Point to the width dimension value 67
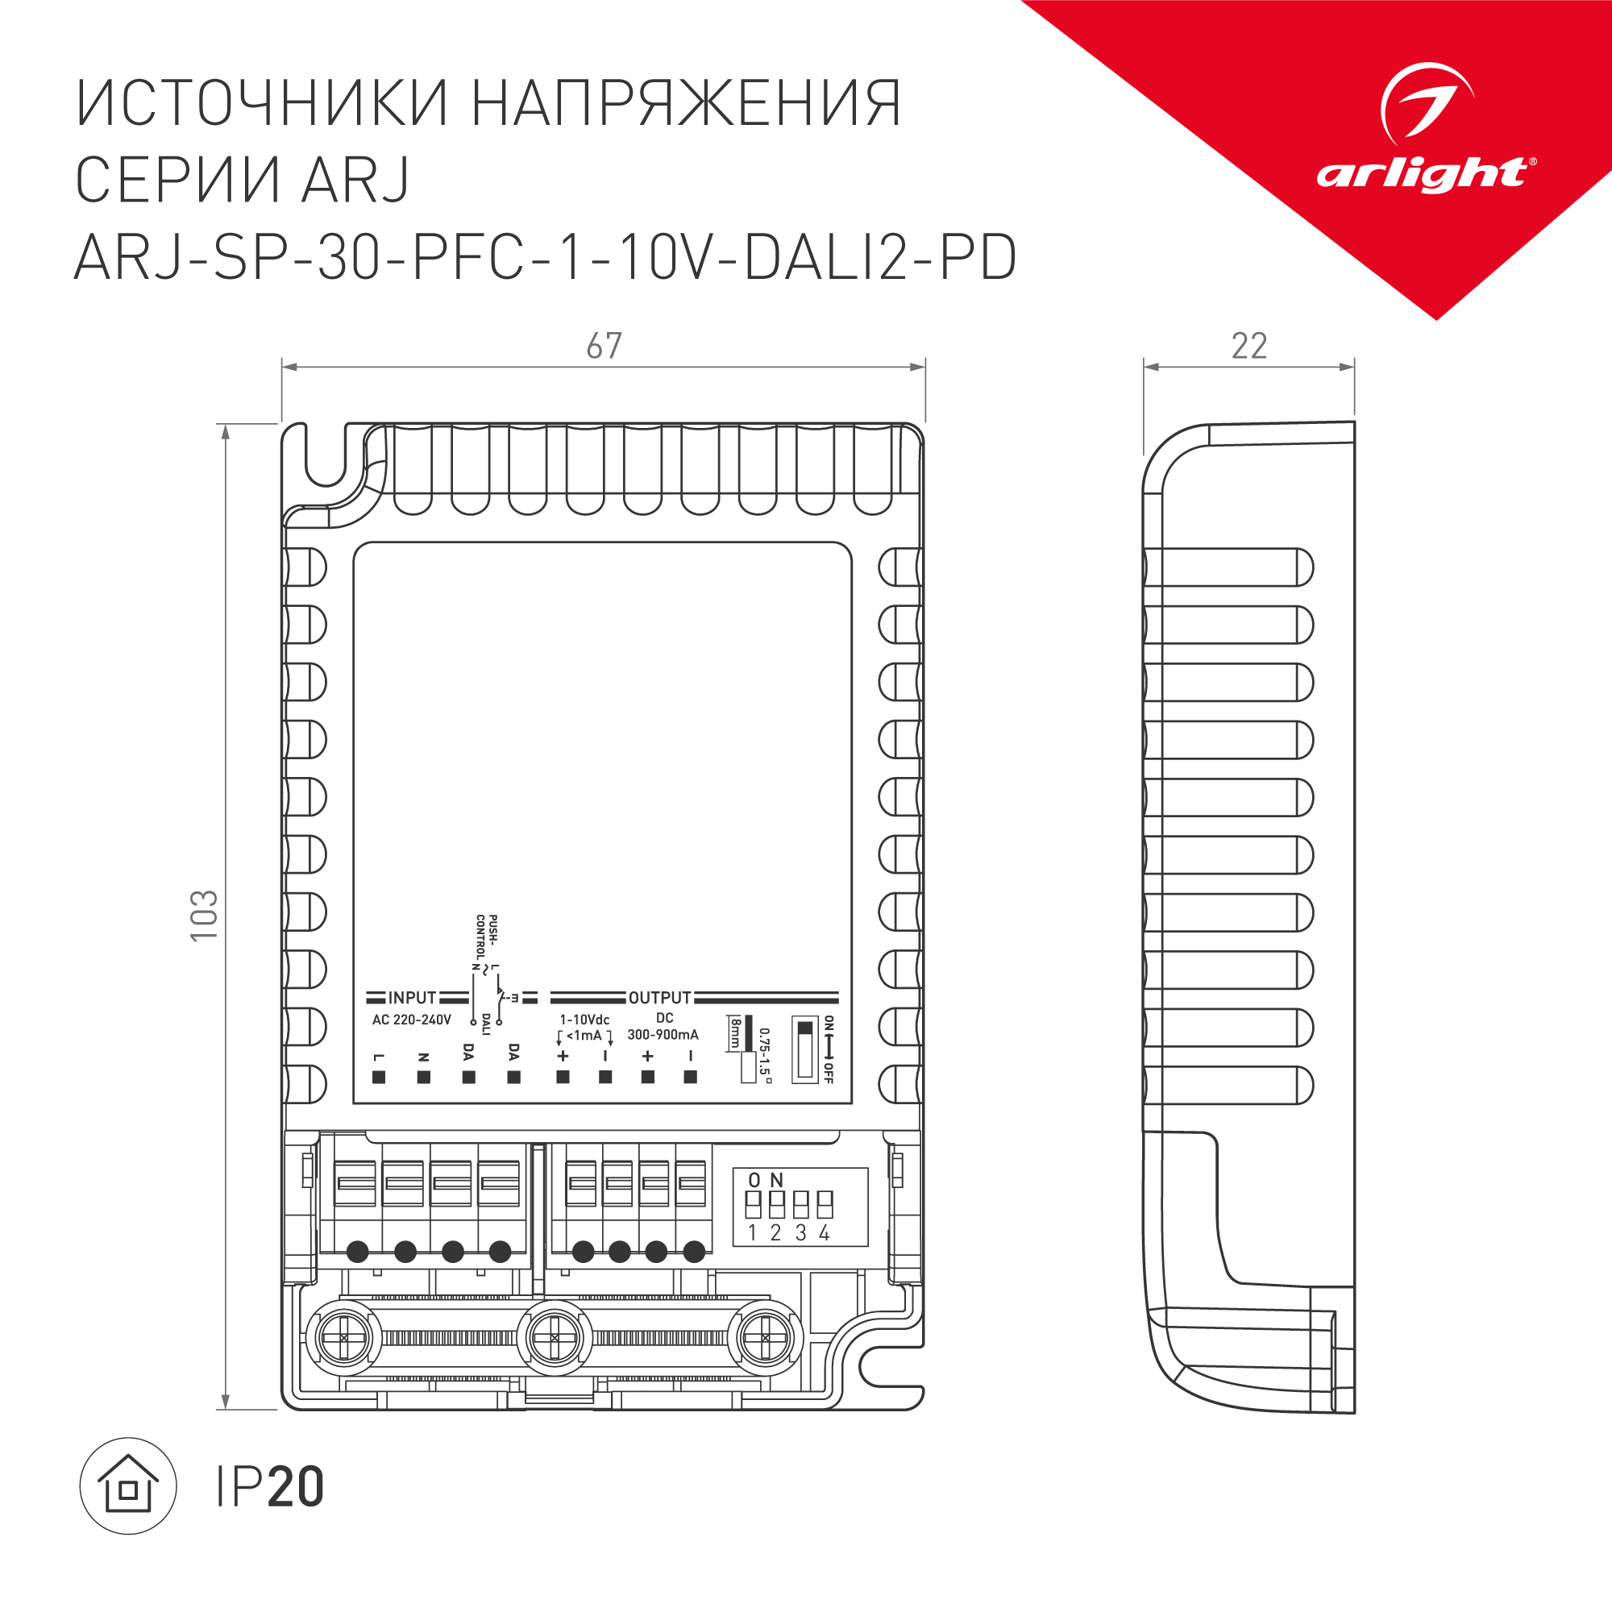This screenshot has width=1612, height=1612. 604,347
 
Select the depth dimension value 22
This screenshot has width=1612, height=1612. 1249,347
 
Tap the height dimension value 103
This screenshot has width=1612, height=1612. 205,916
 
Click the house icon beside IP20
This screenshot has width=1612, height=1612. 127,1486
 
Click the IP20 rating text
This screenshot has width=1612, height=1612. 269,1487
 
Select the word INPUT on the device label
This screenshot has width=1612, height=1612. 411,998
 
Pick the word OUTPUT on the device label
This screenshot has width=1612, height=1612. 659,998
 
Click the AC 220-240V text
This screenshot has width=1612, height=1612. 411,1020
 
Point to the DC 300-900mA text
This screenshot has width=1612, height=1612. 663,1027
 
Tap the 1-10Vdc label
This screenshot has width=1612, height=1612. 584,1020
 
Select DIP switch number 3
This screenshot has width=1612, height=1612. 801,1204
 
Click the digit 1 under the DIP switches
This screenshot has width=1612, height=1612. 752,1233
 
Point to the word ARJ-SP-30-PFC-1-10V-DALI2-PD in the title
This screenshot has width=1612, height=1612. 545,258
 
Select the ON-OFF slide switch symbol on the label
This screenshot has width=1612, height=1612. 805,1049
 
